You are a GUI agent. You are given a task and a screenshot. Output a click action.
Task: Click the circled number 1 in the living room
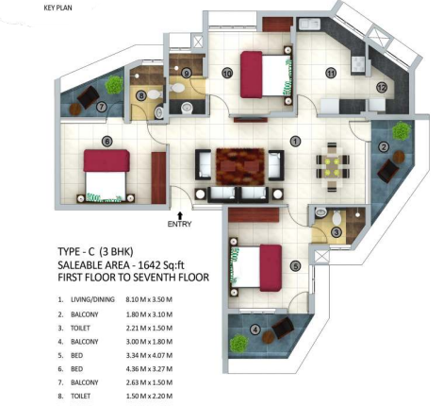[295, 142]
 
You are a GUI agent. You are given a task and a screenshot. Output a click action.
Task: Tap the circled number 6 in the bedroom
[107, 142]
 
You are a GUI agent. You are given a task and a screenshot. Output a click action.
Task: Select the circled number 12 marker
[382, 88]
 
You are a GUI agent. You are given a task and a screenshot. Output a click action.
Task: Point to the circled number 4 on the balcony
[255, 330]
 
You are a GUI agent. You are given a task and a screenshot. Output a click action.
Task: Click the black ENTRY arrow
[180, 215]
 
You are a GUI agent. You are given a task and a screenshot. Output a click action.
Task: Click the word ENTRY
[179, 224]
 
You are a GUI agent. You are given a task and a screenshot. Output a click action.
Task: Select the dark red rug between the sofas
[240, 166]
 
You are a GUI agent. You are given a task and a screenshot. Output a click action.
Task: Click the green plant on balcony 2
[402, 131]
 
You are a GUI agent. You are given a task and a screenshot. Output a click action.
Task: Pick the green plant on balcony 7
[114, 85]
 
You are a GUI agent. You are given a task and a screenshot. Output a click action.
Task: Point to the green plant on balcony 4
[239, 344]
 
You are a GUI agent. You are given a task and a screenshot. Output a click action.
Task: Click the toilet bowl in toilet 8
[155, 94]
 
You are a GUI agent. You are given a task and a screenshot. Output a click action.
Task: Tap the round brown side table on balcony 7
[75, 110]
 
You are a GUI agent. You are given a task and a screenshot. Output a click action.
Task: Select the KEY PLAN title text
[57, 8]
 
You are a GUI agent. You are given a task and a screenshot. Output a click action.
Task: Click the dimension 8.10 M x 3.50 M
[149, 299]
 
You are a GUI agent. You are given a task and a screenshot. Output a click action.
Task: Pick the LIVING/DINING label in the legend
[92, 299]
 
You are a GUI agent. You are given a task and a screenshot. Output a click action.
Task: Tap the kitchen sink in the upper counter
[309, 25]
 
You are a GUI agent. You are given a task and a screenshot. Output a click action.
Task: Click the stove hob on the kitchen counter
[357, 64]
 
